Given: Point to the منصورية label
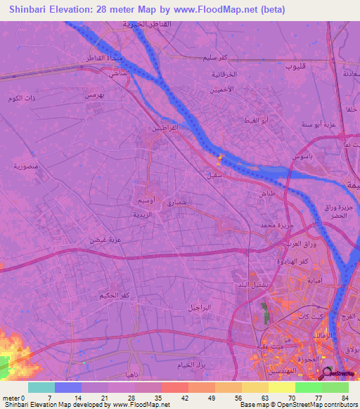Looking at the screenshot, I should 25,167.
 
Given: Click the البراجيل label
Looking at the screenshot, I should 199,308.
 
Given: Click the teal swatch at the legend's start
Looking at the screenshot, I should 41,387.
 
